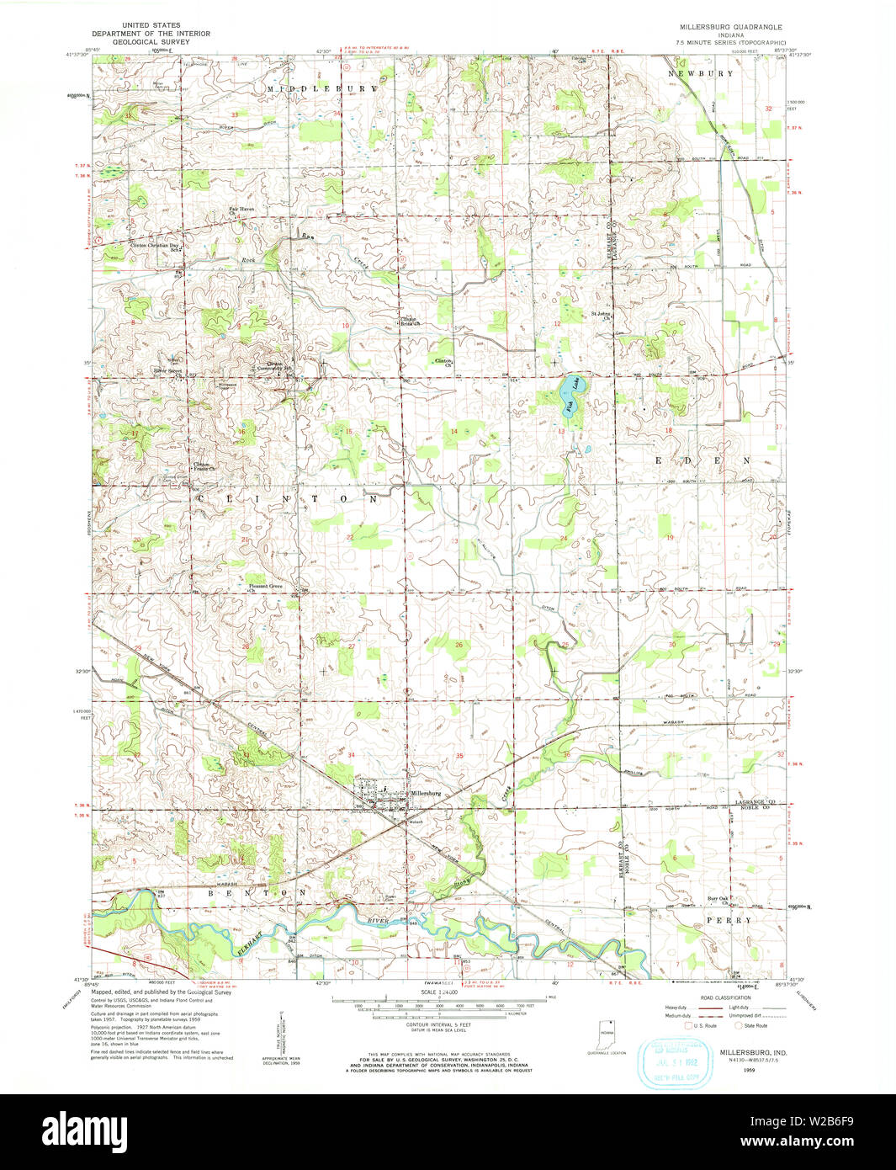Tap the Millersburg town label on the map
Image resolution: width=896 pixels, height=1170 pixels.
pos(426,793)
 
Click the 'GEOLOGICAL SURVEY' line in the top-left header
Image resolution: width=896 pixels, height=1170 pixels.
pos(151,41)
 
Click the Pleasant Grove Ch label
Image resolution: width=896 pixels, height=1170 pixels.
pos(264,588)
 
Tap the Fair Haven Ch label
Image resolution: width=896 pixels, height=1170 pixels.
pos(241,210)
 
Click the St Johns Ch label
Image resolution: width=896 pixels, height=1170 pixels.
pos(600,316)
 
